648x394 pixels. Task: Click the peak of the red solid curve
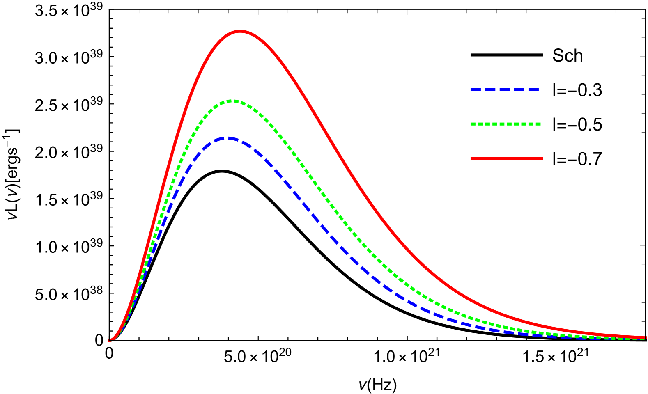pyautogui.click(x=240, y=31)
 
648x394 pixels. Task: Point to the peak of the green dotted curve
pyautogui.click(x=232, y=101)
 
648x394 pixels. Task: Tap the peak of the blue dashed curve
pyautogui.click(x=228, y=138)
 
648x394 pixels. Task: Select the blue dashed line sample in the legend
pyautogui.click(x=505, y=89)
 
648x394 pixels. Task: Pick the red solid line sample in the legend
pyautogui.click(x=507, y=158)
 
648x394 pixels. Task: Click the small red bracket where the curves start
pyautogui.click(x=109, y=340)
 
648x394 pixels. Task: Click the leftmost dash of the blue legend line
pyautogui.click(x=476, y=89)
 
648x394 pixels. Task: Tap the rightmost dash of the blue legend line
pyautogui.click(x=533, y=89)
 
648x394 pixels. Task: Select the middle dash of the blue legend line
pyautogui.click(x=505, y=89)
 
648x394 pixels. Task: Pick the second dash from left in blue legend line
pyautogui.click(x=490, y=89)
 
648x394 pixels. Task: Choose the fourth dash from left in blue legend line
pyautogui.click(x=519, y=89)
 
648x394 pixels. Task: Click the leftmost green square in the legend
pyautogui.click(x=473, y=124)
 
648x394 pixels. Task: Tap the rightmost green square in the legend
pyautogui.click(x=538, y=124)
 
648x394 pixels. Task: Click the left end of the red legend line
pyautogui.click(x=471, y=158)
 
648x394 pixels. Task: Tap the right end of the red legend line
pyautogui.click(x=542, y=158)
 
